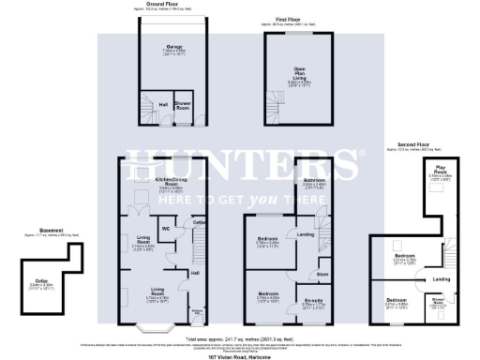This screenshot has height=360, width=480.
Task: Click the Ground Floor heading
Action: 166,5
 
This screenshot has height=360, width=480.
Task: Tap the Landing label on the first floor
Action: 305,234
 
